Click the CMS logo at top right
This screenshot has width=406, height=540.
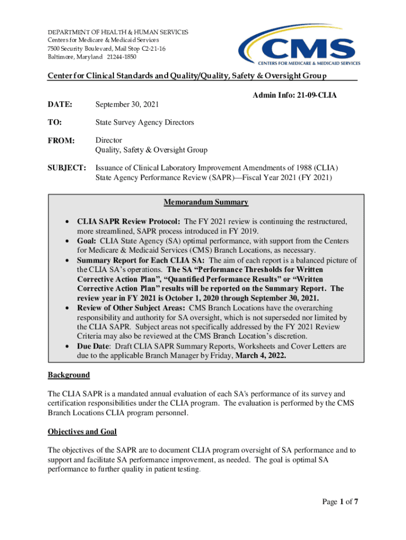(x=299, y=45)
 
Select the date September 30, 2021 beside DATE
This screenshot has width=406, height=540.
(x=127, y=104)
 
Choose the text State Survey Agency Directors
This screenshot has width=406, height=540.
(x=144, y=122)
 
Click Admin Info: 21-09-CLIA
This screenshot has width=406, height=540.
(x=294, y=95)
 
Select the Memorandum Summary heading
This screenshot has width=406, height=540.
(x=206, y=202)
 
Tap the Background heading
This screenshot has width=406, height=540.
(x=69, y=375)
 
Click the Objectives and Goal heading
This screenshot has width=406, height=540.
(x=82, y=431)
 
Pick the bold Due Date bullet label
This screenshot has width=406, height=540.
(x=94, y=346)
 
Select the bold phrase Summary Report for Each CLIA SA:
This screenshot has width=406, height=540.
(x=141, y=260)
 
